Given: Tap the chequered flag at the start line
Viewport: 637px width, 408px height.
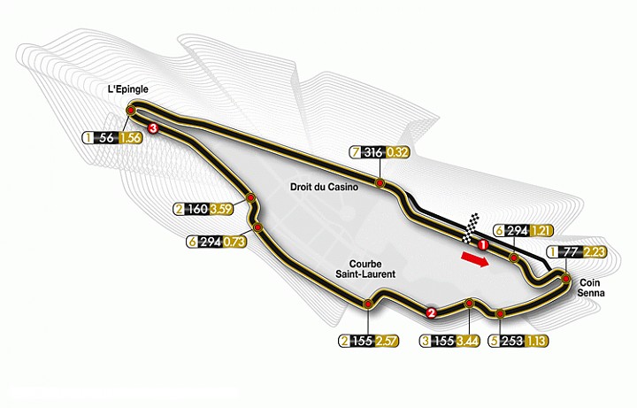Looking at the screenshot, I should coord(474,225).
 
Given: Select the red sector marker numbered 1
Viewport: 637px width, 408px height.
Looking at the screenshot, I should coord(483,242).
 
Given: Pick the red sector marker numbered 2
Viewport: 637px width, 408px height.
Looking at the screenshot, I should coord(431,312).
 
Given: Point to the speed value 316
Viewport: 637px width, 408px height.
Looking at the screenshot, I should coord(373,152).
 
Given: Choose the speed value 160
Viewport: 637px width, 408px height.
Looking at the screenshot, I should coord(197,211).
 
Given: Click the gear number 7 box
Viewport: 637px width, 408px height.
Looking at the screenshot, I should coord(356,152).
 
